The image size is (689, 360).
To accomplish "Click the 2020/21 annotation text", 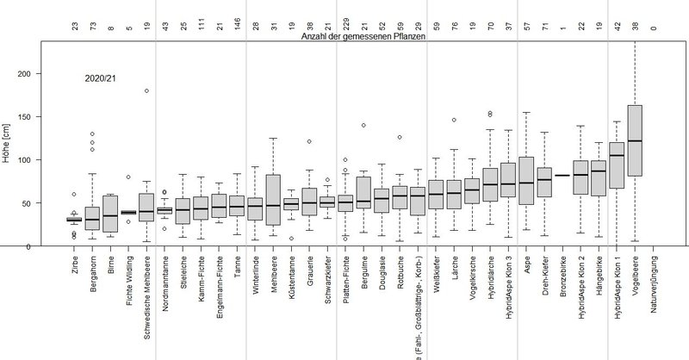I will [x=101, y=78].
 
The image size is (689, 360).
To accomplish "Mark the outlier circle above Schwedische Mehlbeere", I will [x=146, y=90].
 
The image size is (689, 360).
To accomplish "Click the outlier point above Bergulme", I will [x=363, y=125].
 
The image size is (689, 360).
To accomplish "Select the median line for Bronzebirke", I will [x=560, y=175].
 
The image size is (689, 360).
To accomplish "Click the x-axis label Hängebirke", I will [x=598, y=276].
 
